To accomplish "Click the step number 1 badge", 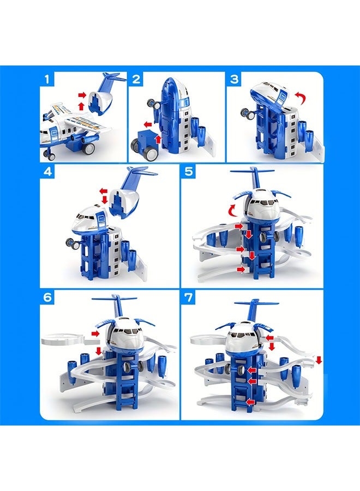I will [47, 79].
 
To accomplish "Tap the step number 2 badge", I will [136, 79].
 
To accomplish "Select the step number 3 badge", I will [235, 79].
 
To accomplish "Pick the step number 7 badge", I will [189, 298].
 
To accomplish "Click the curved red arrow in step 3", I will [300, 98].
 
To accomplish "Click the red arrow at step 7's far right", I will [319, 360].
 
